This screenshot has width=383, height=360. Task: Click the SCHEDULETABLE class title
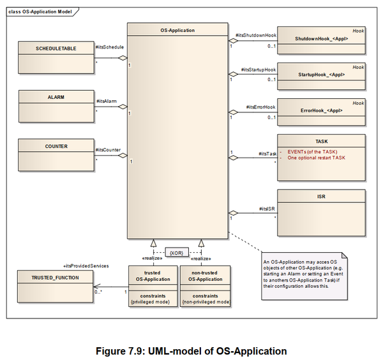click(56, 49)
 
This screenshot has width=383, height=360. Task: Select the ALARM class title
click(56, 97)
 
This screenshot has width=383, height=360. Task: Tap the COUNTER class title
click(56, 146)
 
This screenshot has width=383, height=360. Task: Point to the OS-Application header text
click(177, 30)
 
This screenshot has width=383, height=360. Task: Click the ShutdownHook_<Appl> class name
click(322, 38)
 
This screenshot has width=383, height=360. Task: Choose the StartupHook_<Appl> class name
click(322, 75)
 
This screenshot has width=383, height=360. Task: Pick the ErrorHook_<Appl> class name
click(322, 110)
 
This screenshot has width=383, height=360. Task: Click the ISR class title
click(321, 197)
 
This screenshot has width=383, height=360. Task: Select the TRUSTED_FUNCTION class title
click(55, 278)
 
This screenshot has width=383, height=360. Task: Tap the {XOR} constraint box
click(177, 253)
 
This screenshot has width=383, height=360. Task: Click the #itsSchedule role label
click(110, 47)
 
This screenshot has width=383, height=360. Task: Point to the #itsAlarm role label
click(107, 101)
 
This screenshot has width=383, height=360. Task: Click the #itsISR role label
click(267, 209)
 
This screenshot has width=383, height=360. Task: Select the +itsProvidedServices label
click(86, 266)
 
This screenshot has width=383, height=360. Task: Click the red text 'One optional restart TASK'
click(317, 158)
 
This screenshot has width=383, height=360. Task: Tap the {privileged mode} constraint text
click(150, 302)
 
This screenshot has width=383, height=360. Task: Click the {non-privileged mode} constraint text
click(206, 302)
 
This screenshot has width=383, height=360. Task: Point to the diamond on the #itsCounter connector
click(123, 155)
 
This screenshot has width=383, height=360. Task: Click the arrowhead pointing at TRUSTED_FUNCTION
click(97, 287)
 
